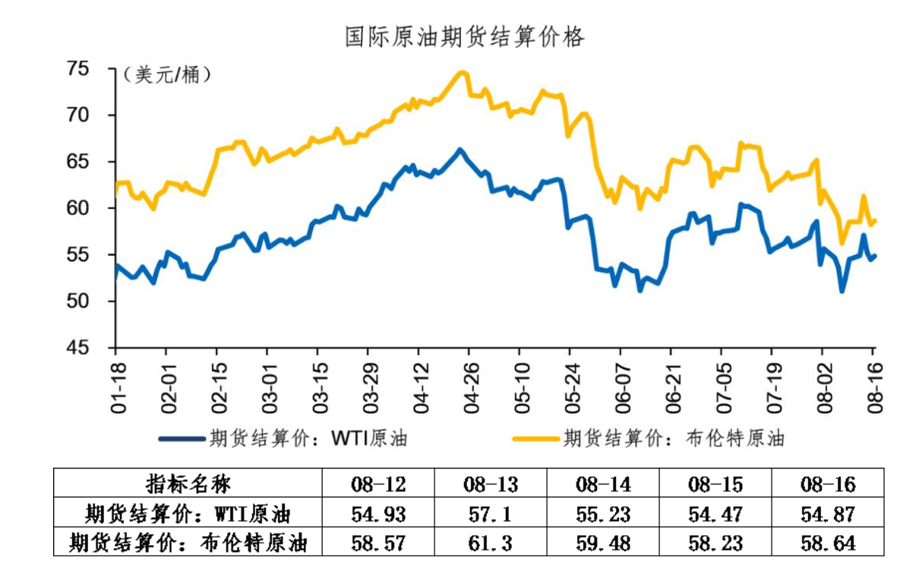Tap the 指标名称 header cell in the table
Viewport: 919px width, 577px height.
(188, 484)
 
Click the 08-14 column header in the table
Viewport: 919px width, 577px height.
(603, 484)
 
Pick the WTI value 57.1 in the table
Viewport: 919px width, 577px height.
(491, 514)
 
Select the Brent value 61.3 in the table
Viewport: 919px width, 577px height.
(491, 544)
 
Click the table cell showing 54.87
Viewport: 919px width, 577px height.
(828, 514)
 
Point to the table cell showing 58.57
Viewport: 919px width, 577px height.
(378, 544)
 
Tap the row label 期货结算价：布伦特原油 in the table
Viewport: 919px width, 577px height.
(188, 544)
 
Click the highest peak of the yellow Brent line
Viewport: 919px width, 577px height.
(461, 73)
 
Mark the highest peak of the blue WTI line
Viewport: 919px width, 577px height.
(459, 150)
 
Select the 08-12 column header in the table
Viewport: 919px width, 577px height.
(378, 484)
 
